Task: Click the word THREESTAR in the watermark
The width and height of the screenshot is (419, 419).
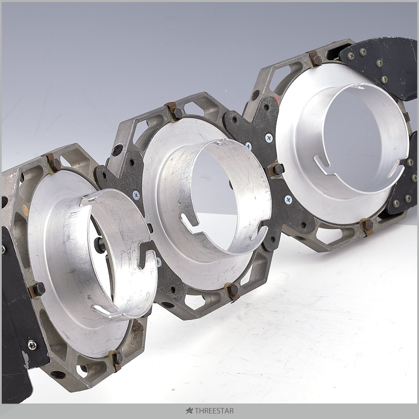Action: [x=214, y=411]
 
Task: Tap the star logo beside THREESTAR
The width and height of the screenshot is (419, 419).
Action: [x=189, y=411]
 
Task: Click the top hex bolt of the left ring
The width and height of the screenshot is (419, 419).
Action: [x=55, y=165]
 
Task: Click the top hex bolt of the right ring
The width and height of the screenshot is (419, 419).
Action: [x=316, y=60]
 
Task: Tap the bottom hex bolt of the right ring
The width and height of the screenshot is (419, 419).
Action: [x=368, y=225]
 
